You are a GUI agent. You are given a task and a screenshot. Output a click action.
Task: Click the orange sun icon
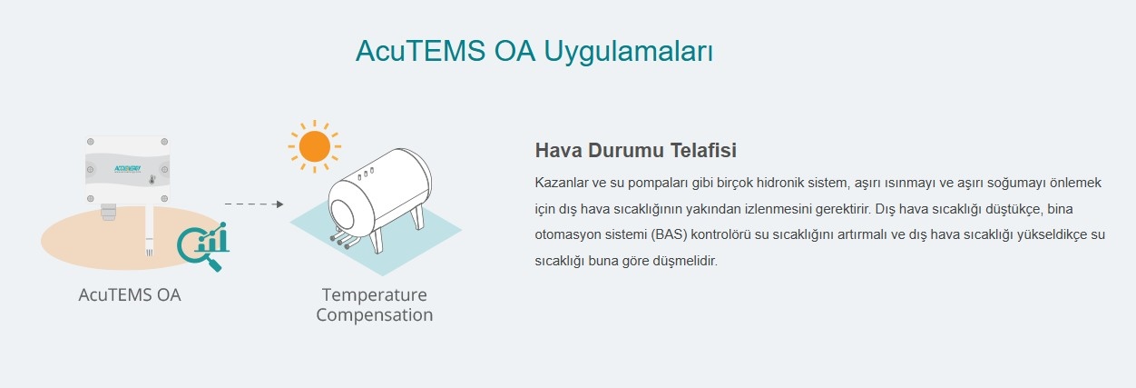tap(315, 146)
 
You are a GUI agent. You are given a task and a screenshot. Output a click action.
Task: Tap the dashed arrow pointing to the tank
tap(254, 204)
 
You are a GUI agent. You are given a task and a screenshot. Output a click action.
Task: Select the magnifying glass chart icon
tap(203, 246)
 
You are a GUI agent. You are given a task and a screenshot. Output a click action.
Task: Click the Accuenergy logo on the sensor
tap(127, 169)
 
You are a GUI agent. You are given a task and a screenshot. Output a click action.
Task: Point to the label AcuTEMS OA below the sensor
tap(130, 295)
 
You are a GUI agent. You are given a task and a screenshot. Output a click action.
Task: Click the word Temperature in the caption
tap(374, 295)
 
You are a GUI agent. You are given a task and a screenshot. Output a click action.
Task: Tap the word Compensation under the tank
tap(374, 315)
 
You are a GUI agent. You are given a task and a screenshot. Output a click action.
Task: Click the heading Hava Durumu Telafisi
tap(635, 150)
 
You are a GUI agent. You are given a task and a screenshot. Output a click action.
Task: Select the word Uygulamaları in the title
tap(629, 52)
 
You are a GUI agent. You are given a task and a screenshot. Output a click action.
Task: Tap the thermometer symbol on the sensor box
tap(152, 179)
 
